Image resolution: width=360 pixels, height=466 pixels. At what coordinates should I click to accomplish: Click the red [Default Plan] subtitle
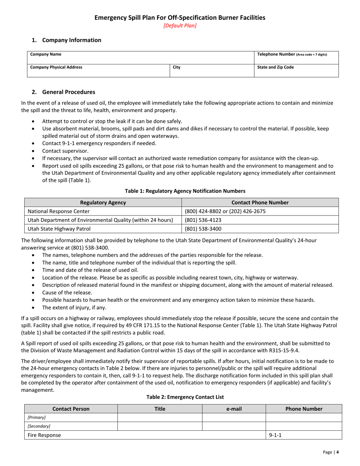pos(180,26)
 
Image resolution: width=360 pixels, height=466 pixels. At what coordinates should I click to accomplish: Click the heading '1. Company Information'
pos(67,40)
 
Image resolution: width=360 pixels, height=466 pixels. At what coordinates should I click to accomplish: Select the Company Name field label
pos(46,54)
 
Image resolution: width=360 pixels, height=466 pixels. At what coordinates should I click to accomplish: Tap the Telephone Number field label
pos(292,54)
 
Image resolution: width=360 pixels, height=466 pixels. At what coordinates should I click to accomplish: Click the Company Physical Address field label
pos(56,67)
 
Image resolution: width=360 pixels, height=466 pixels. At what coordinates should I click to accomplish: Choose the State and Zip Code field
pos(275,67)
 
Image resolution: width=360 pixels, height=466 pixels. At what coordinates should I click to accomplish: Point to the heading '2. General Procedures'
pos(63,92)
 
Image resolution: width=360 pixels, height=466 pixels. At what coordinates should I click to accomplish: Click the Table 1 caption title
pos(180,191)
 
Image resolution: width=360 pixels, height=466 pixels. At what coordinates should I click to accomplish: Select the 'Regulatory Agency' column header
pos(103,203)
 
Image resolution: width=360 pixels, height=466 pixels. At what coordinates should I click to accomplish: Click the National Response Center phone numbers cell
pos(225,211)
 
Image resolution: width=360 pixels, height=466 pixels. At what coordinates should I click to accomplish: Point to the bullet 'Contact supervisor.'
pos(65,151)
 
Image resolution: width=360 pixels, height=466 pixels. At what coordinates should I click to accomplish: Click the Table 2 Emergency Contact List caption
pos(185,397)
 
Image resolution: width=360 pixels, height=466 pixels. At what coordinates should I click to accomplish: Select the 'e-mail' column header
pos(234,409)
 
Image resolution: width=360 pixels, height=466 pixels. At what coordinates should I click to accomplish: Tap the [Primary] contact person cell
pos(37,418)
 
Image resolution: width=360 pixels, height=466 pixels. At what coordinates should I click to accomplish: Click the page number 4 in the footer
pos(337,452)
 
